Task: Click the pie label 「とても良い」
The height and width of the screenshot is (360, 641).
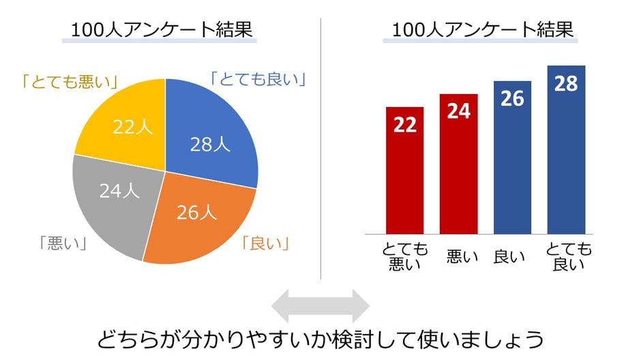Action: (258, 79)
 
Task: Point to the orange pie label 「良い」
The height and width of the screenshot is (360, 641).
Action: (266, 243)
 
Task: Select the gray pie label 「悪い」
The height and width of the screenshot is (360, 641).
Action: (62, 243)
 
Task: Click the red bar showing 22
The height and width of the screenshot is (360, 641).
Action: (404, 170)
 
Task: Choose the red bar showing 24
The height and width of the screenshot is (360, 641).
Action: (458, 164)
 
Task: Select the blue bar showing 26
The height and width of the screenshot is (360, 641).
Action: (512, 157)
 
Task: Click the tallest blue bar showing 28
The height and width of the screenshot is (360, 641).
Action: (566, 150)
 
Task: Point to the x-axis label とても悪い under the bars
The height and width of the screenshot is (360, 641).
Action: (404, 256)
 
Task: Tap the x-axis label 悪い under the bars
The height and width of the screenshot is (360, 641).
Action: (458, 256)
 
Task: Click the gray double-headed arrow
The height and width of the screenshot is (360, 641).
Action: (320, 305)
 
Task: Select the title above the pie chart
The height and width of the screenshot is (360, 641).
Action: (162, 31)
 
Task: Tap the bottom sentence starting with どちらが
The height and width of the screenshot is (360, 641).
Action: (320, 339)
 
